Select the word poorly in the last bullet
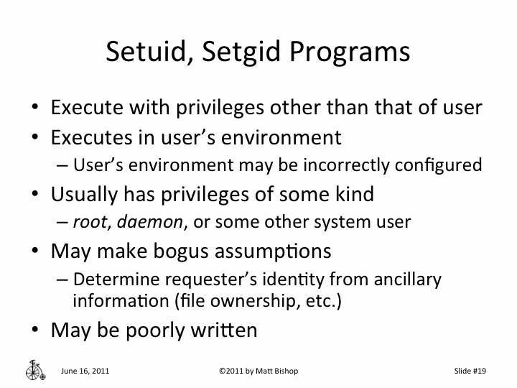click(161, 330)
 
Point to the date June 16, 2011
click(85, 371)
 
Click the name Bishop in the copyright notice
click(282, 371)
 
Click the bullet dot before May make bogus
click(34, 251)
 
